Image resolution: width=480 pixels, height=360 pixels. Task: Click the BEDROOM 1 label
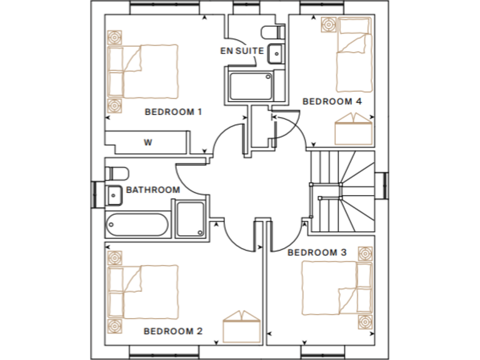click(173, 112)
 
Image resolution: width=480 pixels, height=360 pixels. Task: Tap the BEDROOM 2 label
click(173, 331)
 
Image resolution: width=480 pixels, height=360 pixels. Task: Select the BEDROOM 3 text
click(317, 252)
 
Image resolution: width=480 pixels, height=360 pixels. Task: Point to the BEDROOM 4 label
click(332, 101)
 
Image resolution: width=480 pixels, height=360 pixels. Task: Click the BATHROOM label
click(153, 189)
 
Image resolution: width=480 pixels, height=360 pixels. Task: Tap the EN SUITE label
click(242, 51)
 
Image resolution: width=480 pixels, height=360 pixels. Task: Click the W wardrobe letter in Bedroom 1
click(148, 142)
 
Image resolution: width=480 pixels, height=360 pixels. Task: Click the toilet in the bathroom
click(117, 172)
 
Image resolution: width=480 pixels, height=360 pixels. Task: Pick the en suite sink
click(276, 54)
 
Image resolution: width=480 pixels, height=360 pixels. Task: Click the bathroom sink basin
click(114, 195)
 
